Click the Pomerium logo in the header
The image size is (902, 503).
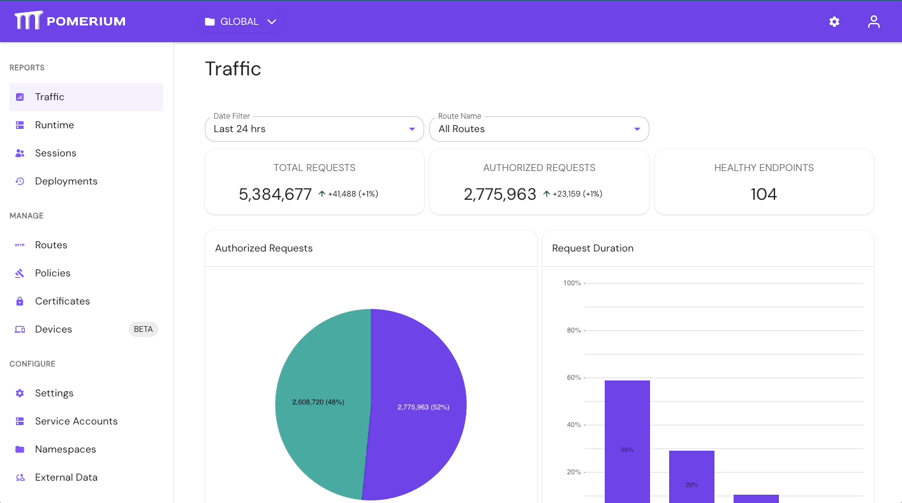pos(70,21)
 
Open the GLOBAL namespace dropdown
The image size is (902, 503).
pos(240,22)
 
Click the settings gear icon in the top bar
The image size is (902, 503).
pos(834,22)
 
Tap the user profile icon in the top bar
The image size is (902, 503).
pos(873,22)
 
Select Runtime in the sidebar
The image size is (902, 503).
pos(54,125)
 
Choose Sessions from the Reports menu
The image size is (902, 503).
pos(55,153)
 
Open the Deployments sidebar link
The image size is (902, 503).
pos(66,181)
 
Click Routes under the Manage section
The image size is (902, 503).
pos(51,245)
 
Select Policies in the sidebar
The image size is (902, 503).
pos(52,273)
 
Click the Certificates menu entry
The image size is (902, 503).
pos(62,301)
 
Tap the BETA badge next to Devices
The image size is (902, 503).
pos(143,329)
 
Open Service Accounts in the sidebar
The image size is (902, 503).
pos(76,421)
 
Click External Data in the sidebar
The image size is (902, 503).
pos(66,477)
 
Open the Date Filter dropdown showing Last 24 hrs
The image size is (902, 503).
pos(314,129)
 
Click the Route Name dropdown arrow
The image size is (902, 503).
pos(637,129)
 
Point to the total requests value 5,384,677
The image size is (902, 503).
pos(275,194)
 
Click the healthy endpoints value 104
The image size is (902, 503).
pos(764,194)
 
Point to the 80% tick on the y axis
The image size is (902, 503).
pos(573,331)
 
